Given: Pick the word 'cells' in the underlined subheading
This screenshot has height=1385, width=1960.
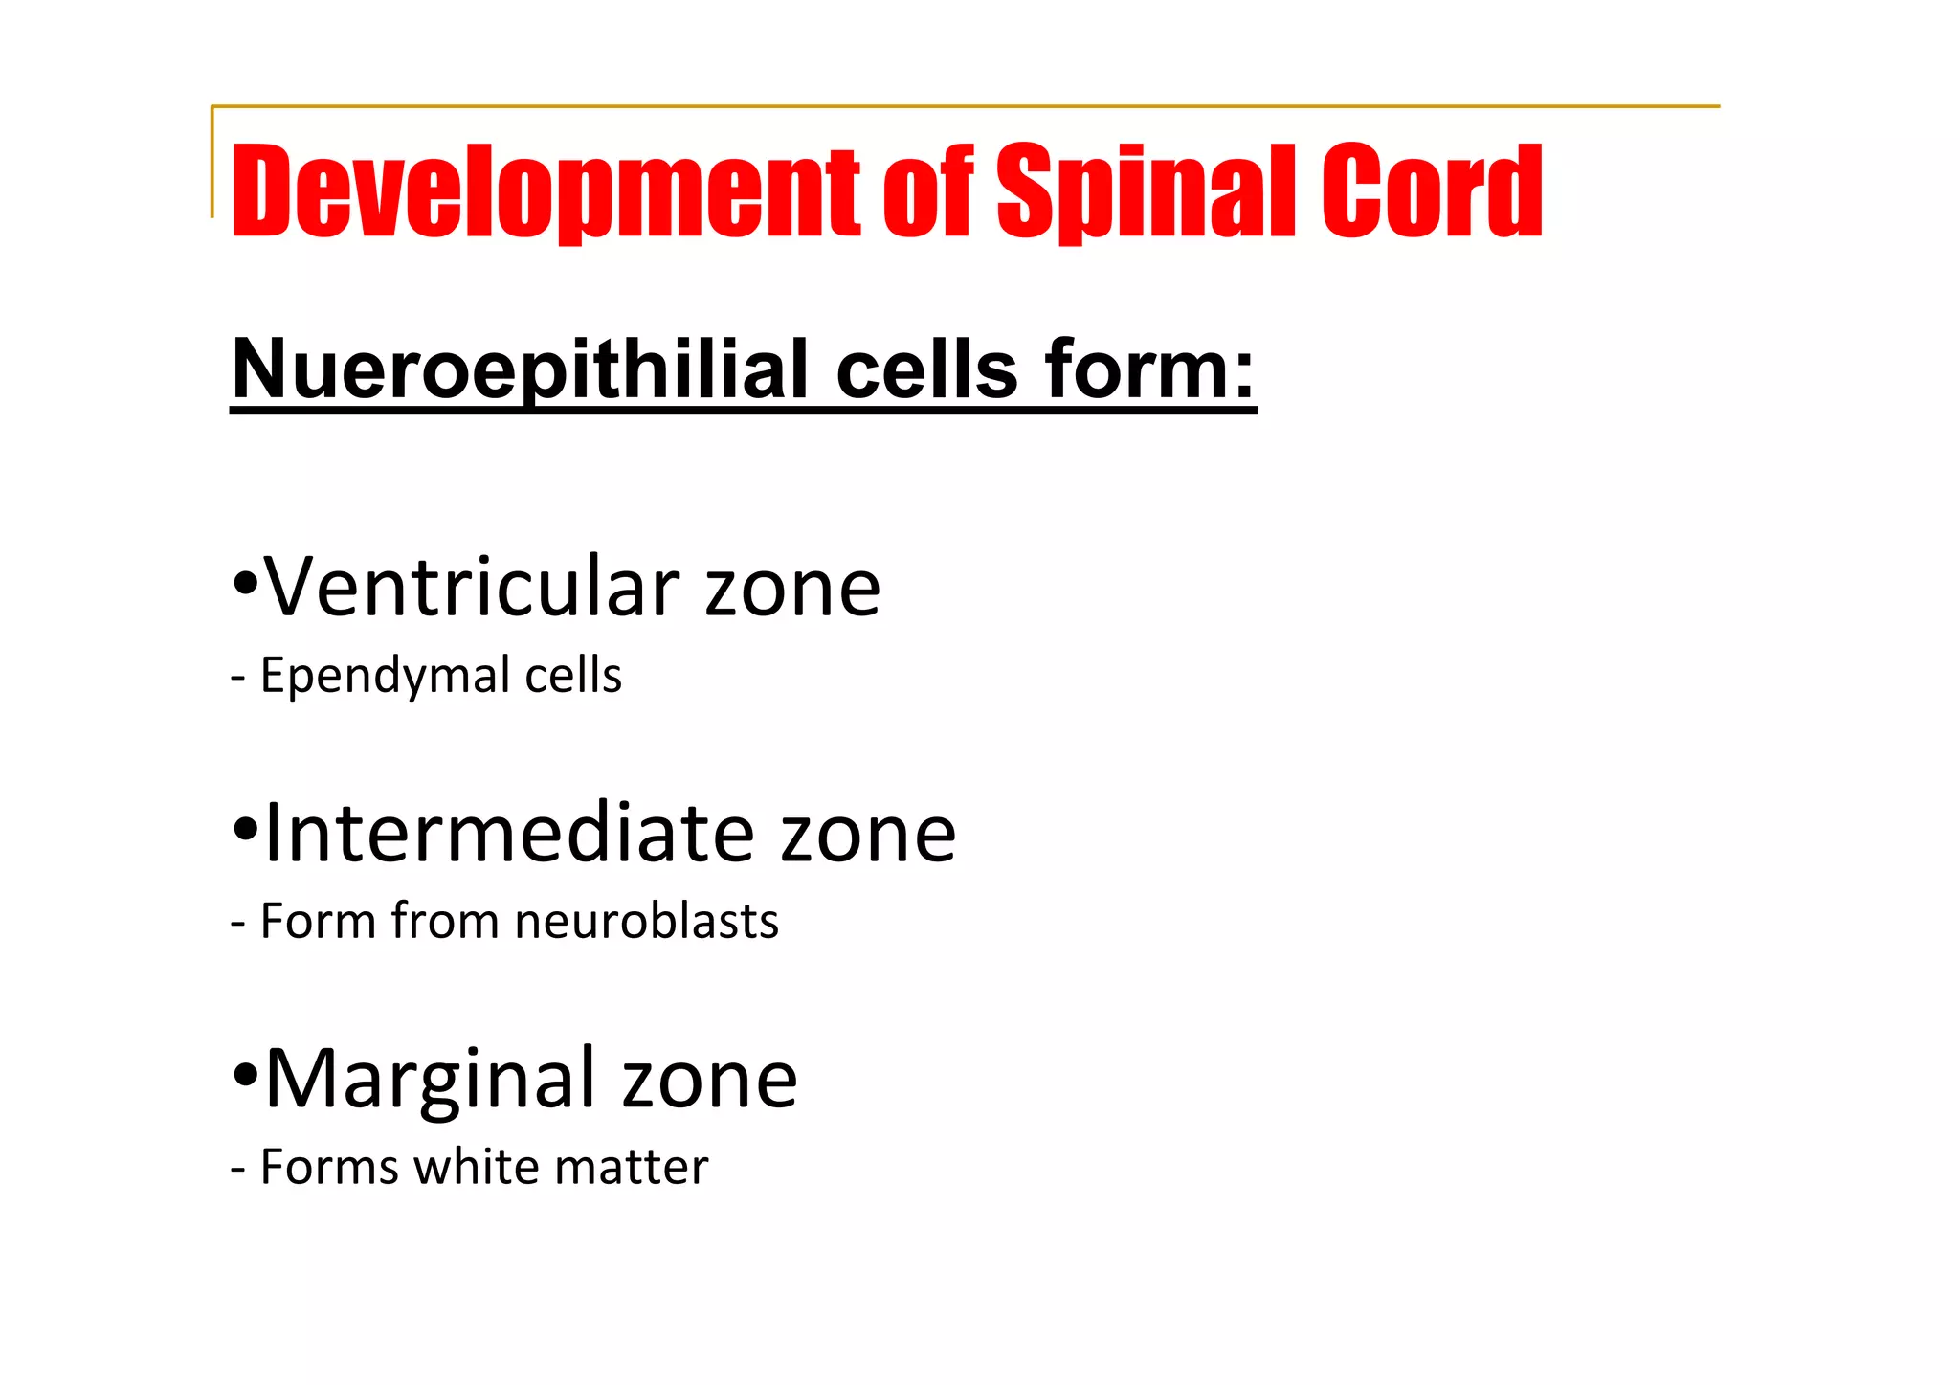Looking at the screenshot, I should (926, 370).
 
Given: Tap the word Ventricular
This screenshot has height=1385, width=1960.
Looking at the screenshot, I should (472, 587).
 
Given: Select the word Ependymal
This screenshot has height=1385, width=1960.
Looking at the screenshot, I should (386, 677).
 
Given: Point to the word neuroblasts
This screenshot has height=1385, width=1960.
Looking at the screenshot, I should (646, 922).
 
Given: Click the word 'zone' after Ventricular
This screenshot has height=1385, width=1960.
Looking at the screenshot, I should (792, 589).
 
